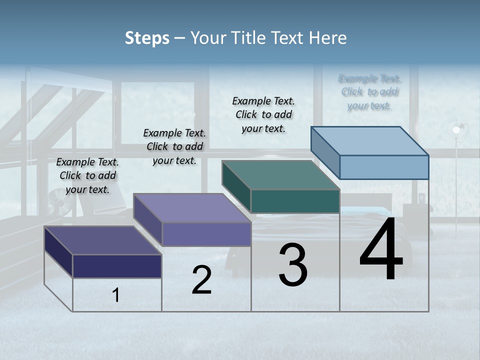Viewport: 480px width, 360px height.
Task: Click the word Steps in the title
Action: [147, 38]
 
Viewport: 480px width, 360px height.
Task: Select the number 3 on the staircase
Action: [293, 265]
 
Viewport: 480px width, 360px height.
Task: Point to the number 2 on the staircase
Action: [202, 280]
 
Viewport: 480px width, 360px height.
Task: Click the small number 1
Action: [116, 295]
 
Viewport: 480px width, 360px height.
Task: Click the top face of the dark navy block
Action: [103, 240]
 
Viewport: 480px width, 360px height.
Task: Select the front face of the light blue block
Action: [384, 167]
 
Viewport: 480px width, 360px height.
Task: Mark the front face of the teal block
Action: [295, 201]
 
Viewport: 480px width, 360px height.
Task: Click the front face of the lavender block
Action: [206, 234]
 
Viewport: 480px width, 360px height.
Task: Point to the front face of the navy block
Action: [117, 266]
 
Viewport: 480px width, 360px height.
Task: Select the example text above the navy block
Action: [87, 175]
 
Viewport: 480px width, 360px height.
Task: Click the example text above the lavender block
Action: [174, 146]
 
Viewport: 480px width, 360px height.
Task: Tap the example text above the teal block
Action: [263, 114]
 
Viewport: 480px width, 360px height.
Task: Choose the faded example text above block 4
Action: [369, 92]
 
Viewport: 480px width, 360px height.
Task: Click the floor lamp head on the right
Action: [456, 130]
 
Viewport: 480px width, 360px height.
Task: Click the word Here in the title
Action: [327, 38]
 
